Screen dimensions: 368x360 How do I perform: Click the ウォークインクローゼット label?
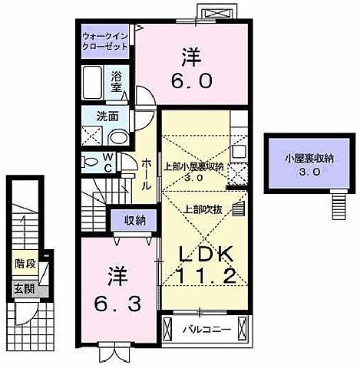pyautogui.click(x=107, y=41)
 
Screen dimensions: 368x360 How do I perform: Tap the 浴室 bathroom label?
pyautogui.click(x=117, y=82)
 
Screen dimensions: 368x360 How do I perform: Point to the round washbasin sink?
pyautogui.click(x=120, y=138)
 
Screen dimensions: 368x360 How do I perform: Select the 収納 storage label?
pyautogui.click(x=135, y=220)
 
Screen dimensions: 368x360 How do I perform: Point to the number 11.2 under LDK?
pyautogui.click(x=204, y=276)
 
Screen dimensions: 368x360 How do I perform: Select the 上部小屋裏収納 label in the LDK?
pyautogui.click(x=194, y=166)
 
